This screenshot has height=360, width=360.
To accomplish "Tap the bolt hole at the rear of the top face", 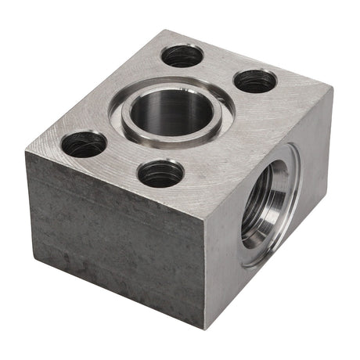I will click(182, 56).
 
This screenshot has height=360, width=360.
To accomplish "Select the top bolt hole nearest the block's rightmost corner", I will click(255, 81).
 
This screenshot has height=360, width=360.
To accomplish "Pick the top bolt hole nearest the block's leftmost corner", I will click(84, 144).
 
